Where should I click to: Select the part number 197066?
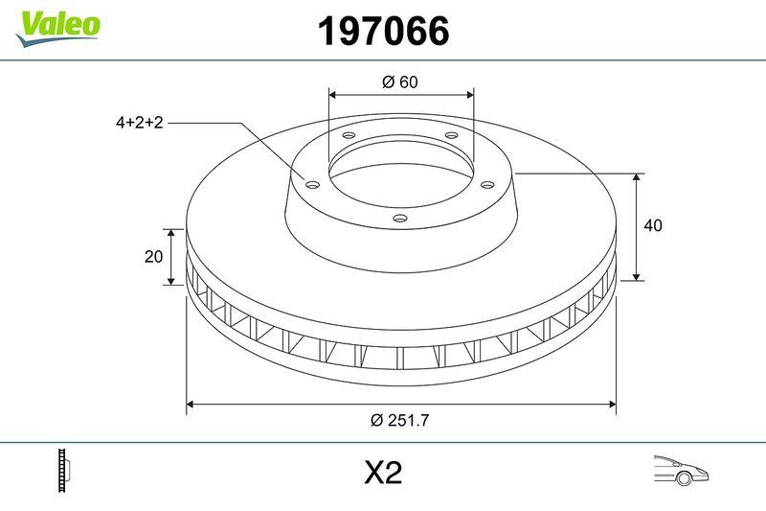coord(383,32)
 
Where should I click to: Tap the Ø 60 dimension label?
coord(400,81)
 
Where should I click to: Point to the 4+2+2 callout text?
coord(140,123)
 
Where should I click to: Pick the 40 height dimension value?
coord(654,226)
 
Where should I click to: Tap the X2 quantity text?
coord(383,473)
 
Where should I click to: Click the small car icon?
coord(681,470)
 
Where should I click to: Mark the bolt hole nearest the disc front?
coord(400,220)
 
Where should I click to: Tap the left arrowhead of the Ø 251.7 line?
coord(190,404)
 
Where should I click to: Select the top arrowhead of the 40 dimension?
coord(638,177)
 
